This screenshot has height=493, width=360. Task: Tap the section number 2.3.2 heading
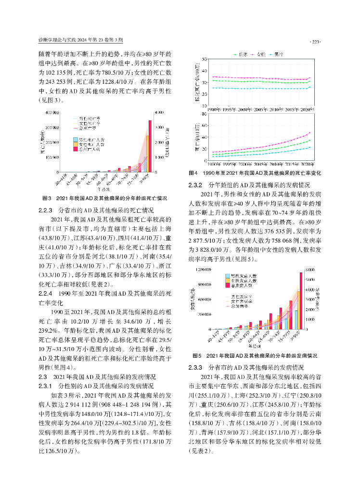pos(197,185)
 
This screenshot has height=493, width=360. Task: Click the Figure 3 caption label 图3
pos(47,198)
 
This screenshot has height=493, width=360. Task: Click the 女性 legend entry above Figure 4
pos(259,54)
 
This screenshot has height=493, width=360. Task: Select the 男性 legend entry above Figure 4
pos(280,54)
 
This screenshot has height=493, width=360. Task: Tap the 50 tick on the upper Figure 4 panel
pos(205,59)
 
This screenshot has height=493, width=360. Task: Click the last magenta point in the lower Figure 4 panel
pos(310,133)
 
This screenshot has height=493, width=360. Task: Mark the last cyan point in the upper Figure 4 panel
pos(310,87)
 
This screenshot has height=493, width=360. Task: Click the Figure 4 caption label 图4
pos(193,173)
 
